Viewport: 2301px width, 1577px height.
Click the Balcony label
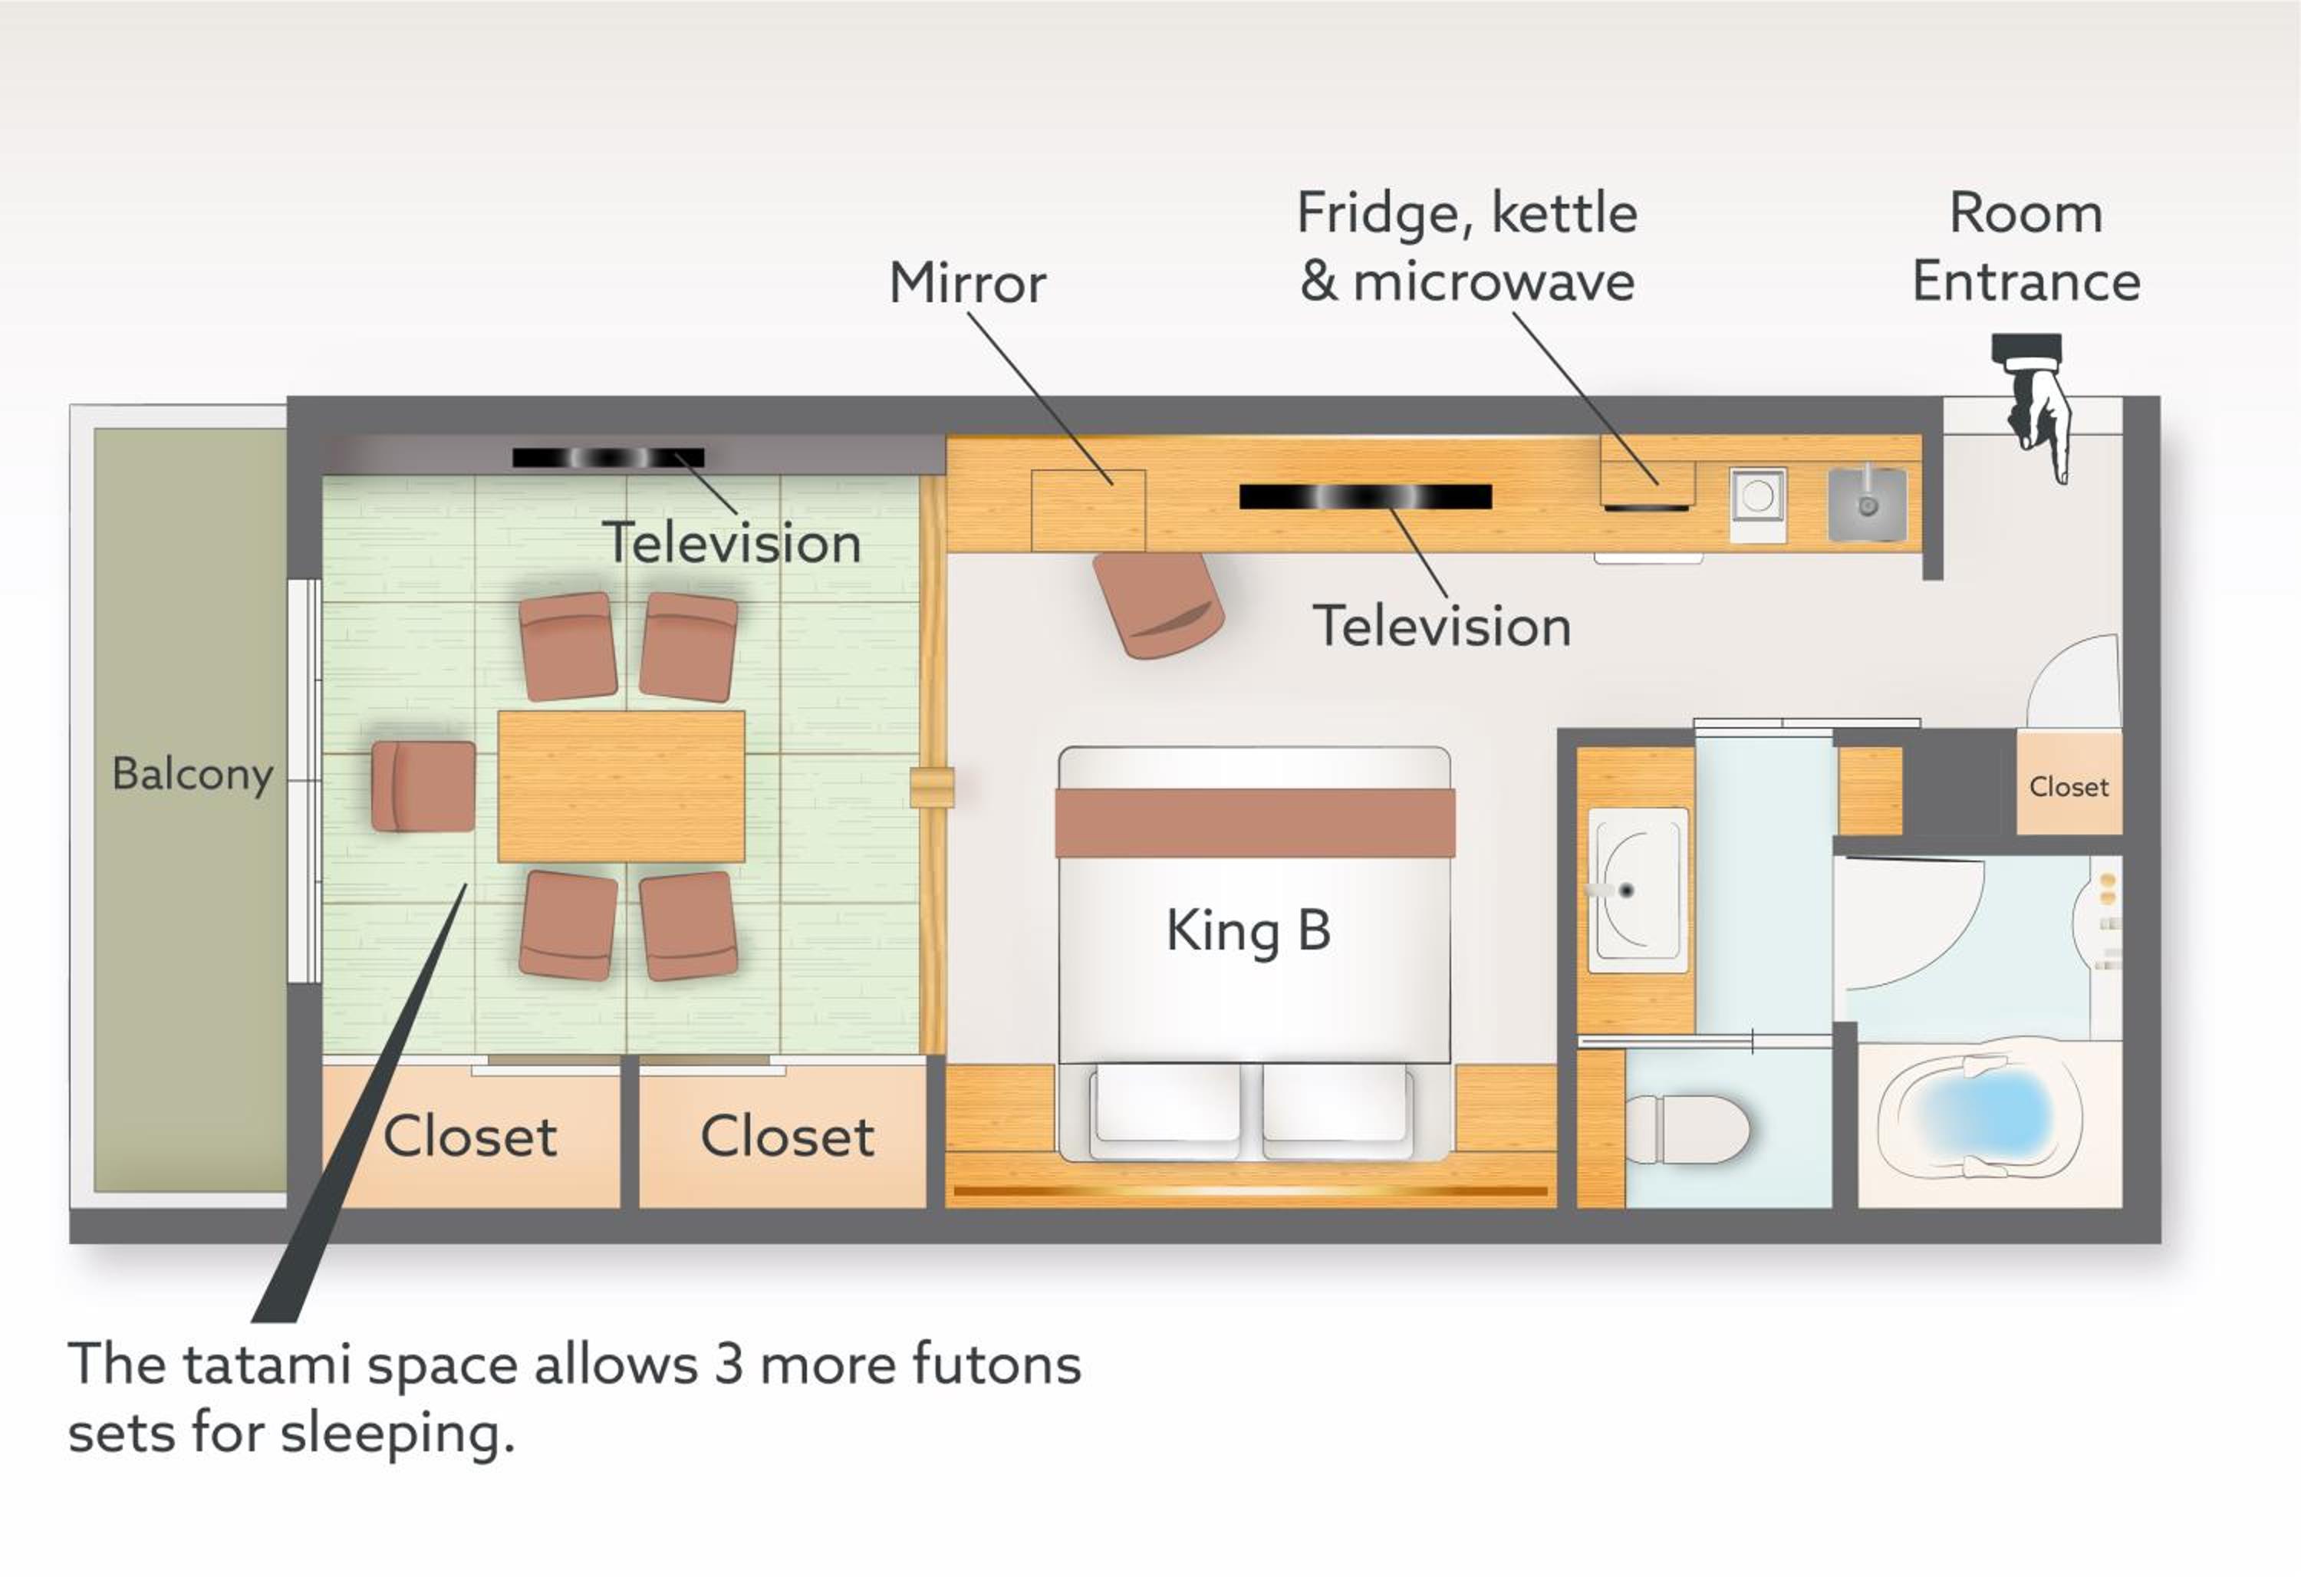192,774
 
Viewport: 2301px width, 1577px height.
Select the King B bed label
1249,930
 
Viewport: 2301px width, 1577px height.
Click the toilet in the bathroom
1687,1128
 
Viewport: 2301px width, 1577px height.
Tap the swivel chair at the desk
1157,604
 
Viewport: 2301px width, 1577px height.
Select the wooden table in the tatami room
621,786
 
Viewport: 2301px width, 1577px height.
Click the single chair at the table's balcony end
423,786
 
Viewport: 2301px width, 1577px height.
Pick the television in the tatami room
608,457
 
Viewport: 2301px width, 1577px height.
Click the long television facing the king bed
1365,496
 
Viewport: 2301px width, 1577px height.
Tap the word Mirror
967,283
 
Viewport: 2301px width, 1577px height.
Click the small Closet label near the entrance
2069,787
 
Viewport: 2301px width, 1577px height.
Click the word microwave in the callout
1494,282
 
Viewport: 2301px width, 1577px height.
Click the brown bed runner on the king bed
1255,823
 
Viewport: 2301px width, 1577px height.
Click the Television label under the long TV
1442,627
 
